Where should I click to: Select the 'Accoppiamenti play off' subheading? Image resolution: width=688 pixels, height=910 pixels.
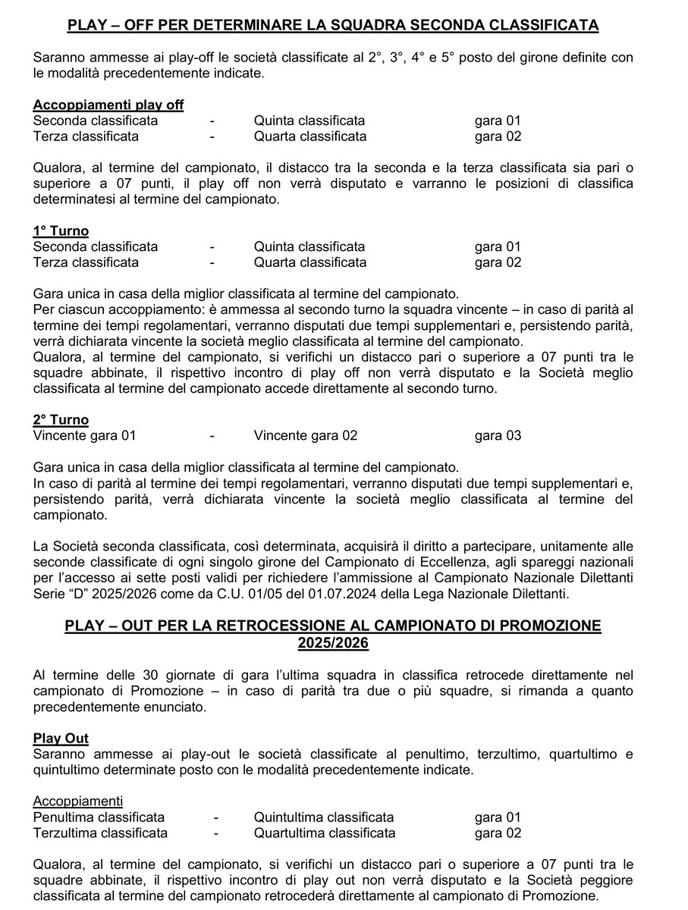pyautogui.click(x=108, y=105)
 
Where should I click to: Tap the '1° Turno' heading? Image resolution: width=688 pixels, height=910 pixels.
pyautogui.click(x=61, y=231)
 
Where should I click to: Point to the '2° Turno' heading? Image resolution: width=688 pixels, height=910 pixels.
pyautogui.click(x=61, y=419)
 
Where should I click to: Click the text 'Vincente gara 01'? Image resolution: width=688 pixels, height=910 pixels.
pyautogui.click(x=85, y=435)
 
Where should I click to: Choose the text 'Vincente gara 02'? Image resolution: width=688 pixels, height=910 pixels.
pyautogui.click(x=306, y=435)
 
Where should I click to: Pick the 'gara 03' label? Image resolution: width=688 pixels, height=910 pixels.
pyautogui.click(x=498, y=435)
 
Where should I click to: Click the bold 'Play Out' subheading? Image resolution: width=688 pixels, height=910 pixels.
pyautogui.click(x=61, y=738)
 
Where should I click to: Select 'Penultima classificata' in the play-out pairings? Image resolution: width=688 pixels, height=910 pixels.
pyautogui.click(x=99, y=817)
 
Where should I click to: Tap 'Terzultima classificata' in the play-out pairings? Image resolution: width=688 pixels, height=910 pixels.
pyautogui.click(x=100, y=833)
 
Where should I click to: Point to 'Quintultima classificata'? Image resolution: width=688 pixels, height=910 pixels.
pyautogui.click(x=324, y=817)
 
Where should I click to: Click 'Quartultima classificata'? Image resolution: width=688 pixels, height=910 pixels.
pyautogui.click(x=325, y=833)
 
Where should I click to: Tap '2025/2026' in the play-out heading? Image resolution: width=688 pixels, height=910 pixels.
pyautogui.click(x=333, y=642)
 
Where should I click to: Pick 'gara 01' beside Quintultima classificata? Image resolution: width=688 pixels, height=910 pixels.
pyautogui.click(x=498, y=817)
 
